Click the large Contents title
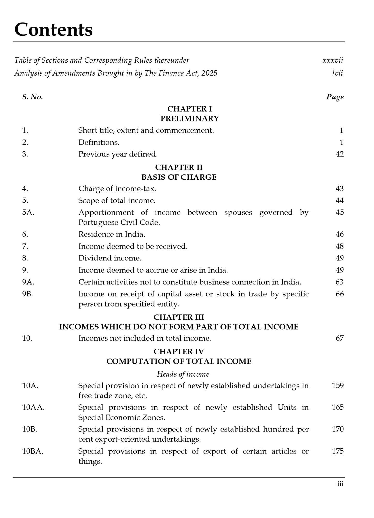[54, 30]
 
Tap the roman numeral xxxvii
[333, 61]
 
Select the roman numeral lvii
[338, 73]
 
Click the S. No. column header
[32, 97]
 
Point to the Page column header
[335, 97]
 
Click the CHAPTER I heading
[189, 109]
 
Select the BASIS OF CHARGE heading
[179, 177]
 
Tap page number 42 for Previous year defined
[340, 154]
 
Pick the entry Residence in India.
[112, 235]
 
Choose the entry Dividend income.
[110, 258]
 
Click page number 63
[340, 282]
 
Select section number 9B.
[28, 294]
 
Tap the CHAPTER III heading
[179, 317]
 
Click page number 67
[340, 338]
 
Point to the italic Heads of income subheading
[183, 374]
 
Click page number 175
[338, 451]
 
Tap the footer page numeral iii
[340, 484]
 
